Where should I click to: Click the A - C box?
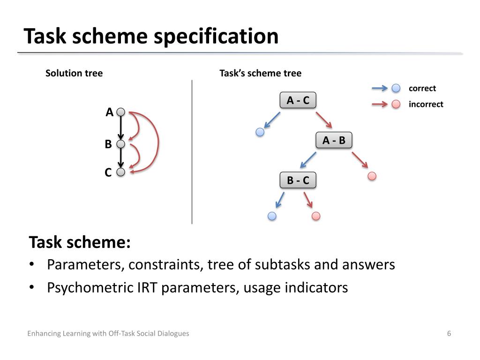[298, 100]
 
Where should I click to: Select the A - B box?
[334, 140]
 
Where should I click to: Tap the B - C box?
[298, 180]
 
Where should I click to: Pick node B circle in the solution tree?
[120, 144]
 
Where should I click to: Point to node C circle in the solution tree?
[120, 172]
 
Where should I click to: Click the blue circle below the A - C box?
[260, 132]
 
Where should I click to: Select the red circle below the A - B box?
[372, 176]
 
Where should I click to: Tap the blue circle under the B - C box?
[272, 216]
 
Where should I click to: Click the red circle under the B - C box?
[316, 216]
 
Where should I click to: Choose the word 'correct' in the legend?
[422, 89]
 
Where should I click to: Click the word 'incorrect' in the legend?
[426, 104]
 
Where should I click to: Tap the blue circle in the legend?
[396, 88]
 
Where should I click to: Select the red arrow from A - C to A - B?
[324, 120]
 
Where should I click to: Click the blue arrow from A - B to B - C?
[308, 159]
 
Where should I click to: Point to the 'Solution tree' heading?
[74, 73]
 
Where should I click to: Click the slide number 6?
[449, 334]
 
